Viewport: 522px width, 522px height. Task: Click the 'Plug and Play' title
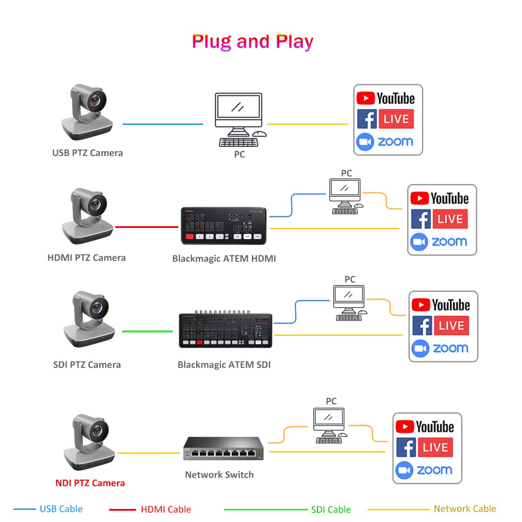252,42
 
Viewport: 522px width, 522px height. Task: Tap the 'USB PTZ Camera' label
87,153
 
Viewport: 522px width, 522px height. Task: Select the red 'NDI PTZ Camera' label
90,483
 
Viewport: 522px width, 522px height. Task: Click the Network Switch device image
223,448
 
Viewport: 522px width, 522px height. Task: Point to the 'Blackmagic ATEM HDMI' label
224,258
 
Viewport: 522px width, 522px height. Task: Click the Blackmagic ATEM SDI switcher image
225,331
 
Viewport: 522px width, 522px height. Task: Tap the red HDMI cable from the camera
147,227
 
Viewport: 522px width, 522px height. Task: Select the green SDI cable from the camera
147,331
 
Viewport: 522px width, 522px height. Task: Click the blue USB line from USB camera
163,124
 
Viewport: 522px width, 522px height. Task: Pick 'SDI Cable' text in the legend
331,509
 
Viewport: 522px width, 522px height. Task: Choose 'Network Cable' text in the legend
465,509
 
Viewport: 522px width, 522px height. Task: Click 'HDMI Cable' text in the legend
166,509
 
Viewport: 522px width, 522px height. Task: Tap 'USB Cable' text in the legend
61,509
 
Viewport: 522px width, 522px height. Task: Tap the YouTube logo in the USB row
385,98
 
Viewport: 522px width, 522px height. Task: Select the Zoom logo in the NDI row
424,470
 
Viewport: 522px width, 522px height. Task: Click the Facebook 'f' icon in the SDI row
422,326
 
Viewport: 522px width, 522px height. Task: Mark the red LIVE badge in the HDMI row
450,219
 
